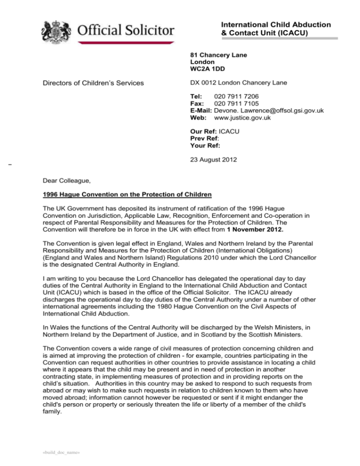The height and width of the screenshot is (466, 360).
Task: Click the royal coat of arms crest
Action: tap(56, 30)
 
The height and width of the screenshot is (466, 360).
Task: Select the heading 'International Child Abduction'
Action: tap(276, 24)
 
